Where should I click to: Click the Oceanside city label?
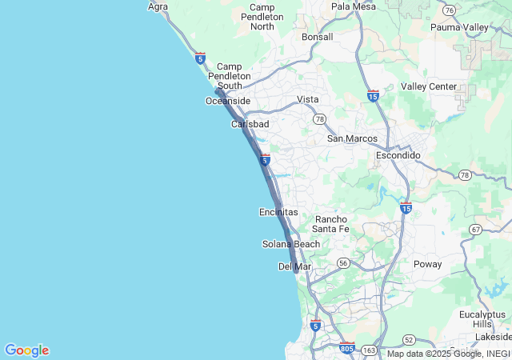point(228,101)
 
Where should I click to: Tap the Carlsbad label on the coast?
point(250,124)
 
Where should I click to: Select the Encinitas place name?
point(278,212)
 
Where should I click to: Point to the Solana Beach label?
point(291,244)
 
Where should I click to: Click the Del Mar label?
point(294,266)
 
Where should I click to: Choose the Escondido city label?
point(398,155)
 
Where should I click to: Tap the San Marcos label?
point(352,138)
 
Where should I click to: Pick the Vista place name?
point(308,99)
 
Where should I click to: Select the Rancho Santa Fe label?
point(331,224)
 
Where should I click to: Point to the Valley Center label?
point(429,86)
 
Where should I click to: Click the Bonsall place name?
point(318,37)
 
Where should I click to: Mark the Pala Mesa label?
point(353,6)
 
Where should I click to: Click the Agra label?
point(158,6)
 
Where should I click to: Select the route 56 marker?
point(343,262)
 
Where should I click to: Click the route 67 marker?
point(476,230)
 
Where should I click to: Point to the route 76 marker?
point(450,10)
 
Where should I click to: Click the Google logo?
point(26,350)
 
